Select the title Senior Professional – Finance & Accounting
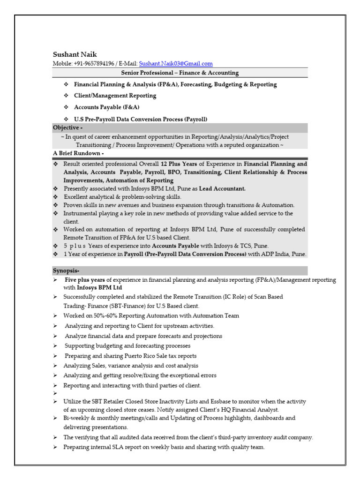180,73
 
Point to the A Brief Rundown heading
78,154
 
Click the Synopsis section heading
66,271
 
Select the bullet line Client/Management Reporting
115,96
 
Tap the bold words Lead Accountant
222,188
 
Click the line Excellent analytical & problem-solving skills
122,197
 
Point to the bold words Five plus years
85,280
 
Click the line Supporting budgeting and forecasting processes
127,346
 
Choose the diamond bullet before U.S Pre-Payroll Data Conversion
66,119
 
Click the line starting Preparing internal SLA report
164,447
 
